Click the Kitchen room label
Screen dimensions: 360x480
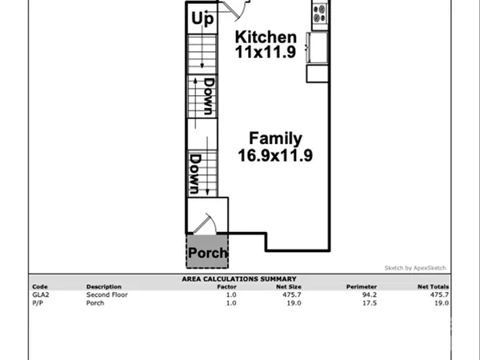pyautogui.click(x=266, y=38)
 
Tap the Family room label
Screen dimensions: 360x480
pyautogui.click(x=274, y=138)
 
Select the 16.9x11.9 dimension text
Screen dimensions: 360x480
pyautogui.click(x=274, y=155)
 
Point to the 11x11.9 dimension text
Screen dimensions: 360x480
pyautogui.click(x=266, y=53)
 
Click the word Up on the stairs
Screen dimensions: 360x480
pyautogui.click(x=202, y=17)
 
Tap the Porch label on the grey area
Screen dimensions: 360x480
pyautogui.click(x=207, y=254)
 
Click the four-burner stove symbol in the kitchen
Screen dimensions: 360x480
pyautogui.click(x=321, y=14)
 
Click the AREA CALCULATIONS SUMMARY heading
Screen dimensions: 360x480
pyautogui.click(x=240, y=279)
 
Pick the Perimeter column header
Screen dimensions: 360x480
pyautogui.click(x=361, y=286)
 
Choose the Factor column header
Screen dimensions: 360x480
pyautogui.click(x=226, y=286)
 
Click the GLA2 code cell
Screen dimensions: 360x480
pyautogui.click(x=40, y=294)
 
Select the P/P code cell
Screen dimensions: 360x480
pyautogui.click(x=38, y=302)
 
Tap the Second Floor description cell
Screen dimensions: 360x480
pyautogui.click(x=107, y=294)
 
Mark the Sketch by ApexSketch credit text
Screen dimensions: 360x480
pyautogui.click(x=415, y=268)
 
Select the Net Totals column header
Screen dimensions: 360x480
pyautogui.click(x=433, y=286)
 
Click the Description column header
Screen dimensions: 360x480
pyautogui.click(x=103, y=286)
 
